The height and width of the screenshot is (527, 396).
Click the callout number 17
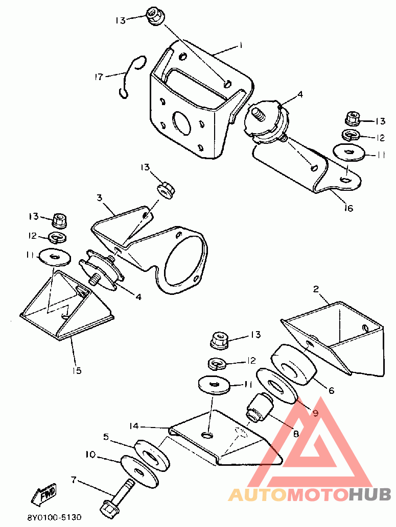click(x=99, y=77)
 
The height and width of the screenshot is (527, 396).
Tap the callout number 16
click(x=348, y=208)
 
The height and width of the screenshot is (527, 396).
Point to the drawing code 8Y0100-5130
click(x=54, y=517)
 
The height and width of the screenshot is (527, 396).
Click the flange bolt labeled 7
click(x=119, y=498)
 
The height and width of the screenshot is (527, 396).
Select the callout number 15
click(x=77, y=370)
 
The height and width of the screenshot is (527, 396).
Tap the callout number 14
click(x=134, y=426)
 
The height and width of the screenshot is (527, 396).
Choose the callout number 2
click(x=315, y=289)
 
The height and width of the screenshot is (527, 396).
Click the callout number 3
click(x=99, y=197)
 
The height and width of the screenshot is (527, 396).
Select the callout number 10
click(x=90, y=455)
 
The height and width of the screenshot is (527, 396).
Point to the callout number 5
click(x=106, y=437)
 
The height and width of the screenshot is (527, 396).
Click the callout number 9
click(x=315, y=413)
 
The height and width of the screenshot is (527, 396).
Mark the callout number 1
click(x=241, y=45)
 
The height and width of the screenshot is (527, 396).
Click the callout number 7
click(x=74, y=480)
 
